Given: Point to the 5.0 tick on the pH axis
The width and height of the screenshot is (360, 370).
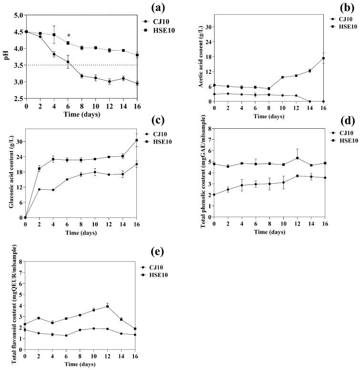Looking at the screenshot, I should [x=17, y=15].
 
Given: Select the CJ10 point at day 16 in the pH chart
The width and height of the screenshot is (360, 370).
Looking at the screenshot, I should [x=137, y=83].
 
